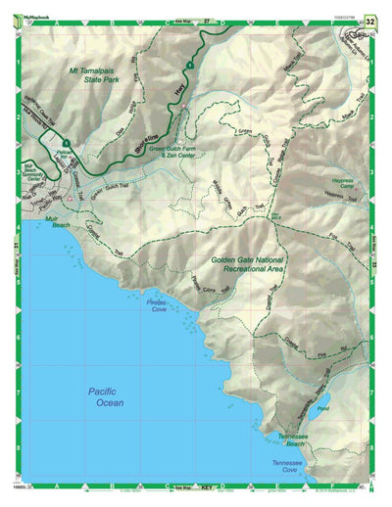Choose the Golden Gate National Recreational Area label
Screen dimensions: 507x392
[x=247, y=264]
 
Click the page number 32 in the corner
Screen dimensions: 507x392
[x=369, y=20]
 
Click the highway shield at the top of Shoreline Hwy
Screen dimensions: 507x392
[x=187, y=65]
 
